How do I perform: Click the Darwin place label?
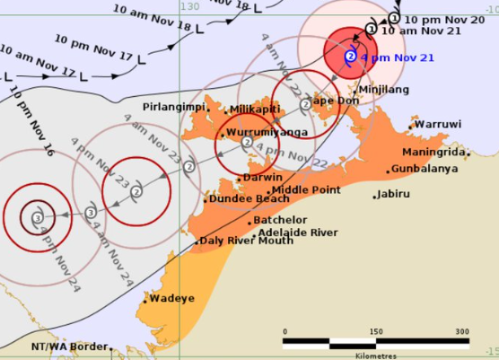point(263,178)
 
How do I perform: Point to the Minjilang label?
point(383,90)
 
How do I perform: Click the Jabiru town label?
point(393,193)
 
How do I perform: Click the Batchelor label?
point(280,220)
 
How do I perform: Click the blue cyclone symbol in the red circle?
point(350,57)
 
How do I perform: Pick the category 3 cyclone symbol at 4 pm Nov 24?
point(37,216)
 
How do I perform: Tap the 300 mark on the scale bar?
point(461,331)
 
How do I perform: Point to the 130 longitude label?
point(188,6)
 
